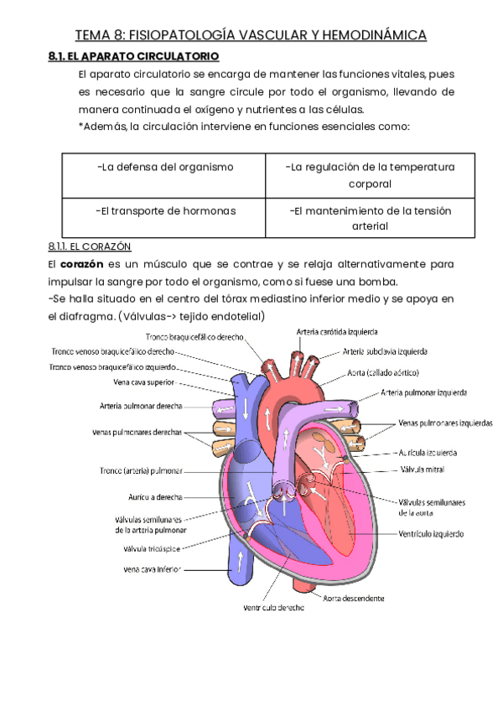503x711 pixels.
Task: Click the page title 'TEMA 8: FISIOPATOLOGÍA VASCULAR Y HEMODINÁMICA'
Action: (x=251, y=34)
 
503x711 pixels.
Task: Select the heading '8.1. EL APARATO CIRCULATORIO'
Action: (x=134, y=56)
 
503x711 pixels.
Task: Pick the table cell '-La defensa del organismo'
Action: (x=164, y=168)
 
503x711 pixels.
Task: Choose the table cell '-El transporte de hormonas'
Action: (x=165, y=211)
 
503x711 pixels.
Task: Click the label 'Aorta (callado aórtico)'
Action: (x=382, y=372)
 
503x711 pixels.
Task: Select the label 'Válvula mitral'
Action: (x=423, y=470)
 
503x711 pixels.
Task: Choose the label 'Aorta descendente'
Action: (x=355, y=599)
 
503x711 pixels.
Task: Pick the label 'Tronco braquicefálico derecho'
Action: (x=194, y=337)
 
